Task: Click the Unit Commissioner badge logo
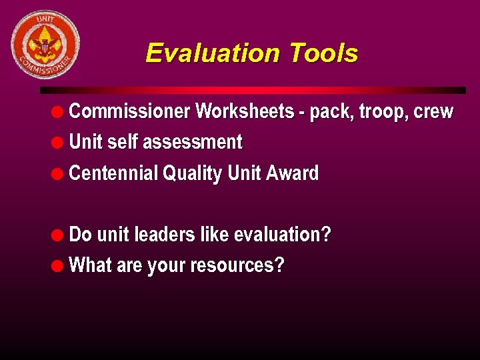click(x=45, y=45)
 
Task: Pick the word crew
click(x=433, y=112)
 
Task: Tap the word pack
click(x=330, y=112)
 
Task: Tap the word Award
click(x=292, y=173)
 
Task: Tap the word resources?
click(x=237, y=266)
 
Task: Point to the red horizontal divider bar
click(x=253, y=90)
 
